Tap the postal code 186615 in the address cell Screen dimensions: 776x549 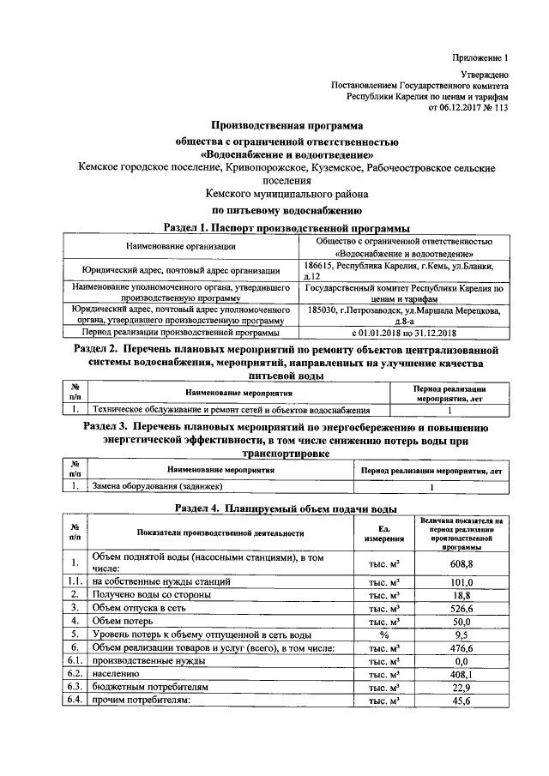[x=322, y=267]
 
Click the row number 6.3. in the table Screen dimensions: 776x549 [x=75, y=687]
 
